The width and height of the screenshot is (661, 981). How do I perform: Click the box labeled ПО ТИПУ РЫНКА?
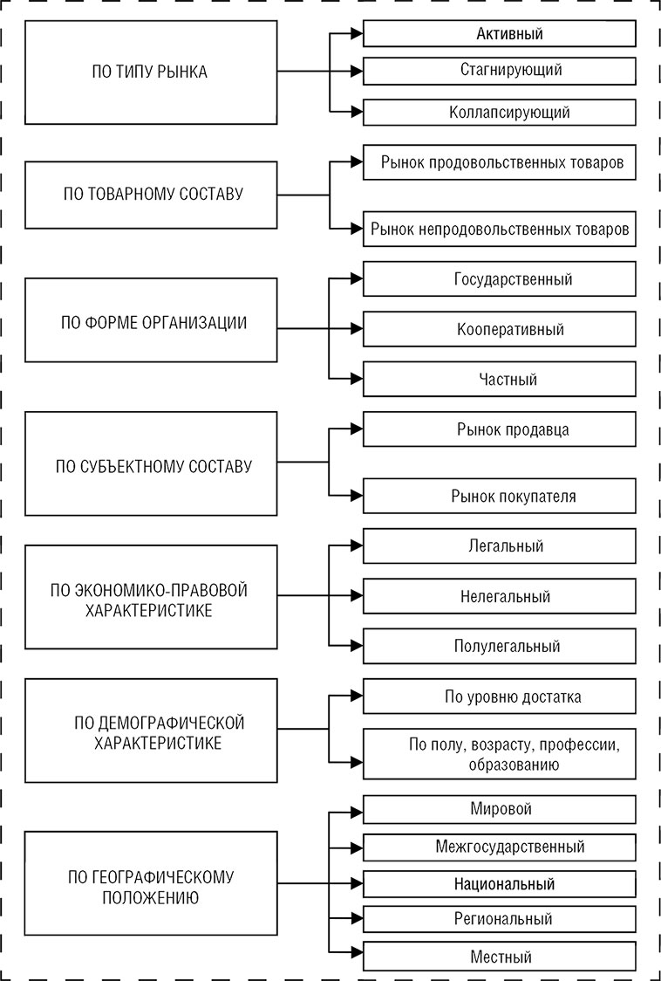(150, 72)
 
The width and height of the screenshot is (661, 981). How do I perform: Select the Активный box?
(499, 34)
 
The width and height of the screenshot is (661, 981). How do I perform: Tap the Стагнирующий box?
(499, 69)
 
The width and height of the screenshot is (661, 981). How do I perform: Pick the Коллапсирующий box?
(499, 112)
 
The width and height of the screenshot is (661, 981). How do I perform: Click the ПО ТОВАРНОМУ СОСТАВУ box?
(150, 194)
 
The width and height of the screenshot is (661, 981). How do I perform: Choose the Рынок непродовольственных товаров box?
(499, 230)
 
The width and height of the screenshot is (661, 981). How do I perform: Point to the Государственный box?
(499, 279)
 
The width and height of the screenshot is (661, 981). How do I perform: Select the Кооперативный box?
(499, 330)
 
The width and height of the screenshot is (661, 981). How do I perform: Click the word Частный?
(508, 380)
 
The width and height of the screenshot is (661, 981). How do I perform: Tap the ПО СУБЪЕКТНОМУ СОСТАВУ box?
(150, 465)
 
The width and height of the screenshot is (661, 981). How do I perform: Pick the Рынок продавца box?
(499, 429)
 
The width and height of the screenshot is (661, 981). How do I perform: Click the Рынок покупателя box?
(499, 497)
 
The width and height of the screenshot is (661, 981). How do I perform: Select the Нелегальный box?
(499, 597)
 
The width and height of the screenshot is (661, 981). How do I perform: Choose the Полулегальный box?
(499, 647)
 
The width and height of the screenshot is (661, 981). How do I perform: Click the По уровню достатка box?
(499, 696)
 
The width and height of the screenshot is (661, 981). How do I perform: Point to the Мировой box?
(499, 809)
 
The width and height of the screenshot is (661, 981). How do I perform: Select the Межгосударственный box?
(499, 847)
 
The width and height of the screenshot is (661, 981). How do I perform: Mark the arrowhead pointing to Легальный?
(356, 545)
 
